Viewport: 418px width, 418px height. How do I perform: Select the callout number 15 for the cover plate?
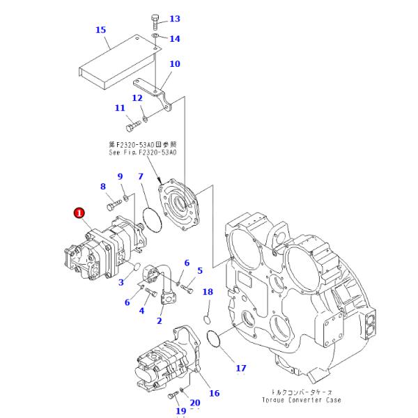coord(100,29)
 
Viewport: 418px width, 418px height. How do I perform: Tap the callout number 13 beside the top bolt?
coord(174,19)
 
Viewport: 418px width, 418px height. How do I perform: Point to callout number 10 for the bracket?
coord(174,64)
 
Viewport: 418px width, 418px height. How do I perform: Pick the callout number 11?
coord(120,108)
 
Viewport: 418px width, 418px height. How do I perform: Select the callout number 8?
coord(103,186)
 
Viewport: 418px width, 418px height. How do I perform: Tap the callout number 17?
coord(240,368)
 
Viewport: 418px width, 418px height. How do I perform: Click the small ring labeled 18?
coord(207,320)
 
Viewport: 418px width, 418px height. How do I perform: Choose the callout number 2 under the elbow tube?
coord(159,321)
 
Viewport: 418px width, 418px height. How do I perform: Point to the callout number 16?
coord(215,394)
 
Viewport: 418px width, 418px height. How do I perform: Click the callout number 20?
coord(194,402)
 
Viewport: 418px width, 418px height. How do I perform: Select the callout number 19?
coord(180,411)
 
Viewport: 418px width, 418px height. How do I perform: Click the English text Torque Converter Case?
coord(301,401)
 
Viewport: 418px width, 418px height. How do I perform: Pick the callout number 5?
coord(200,270)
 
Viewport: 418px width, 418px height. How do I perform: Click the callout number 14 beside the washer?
coord(174,39)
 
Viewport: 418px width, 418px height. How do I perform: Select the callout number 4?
coord(141,311)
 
